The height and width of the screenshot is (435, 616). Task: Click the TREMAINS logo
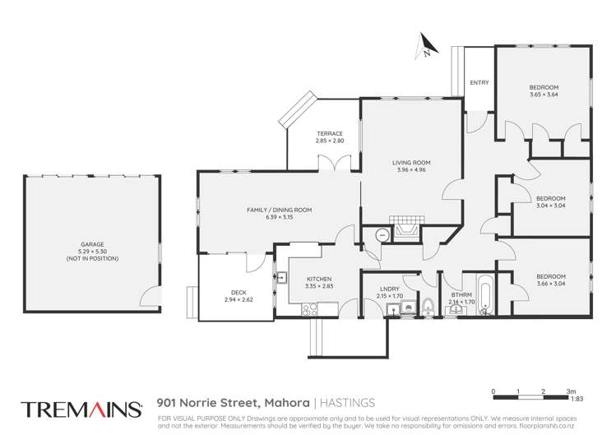[78, 410]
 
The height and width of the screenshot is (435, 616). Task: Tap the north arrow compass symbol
[426, 46]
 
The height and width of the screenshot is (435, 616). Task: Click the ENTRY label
[479, 82]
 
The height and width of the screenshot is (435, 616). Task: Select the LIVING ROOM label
[409, 164]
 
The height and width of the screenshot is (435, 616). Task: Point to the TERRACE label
[329, 134]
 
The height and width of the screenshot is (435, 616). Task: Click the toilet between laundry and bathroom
[428, 308]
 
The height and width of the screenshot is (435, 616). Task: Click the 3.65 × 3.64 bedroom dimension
[544, 94]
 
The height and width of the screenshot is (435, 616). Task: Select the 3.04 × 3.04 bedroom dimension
[550, 205]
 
